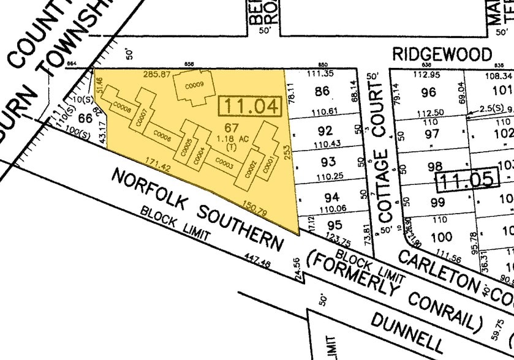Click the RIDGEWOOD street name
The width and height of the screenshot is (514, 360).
(442, 54)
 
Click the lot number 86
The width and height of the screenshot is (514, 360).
(321, 92)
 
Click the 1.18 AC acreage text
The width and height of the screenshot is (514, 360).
(231, 138)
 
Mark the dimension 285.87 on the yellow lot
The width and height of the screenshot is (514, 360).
(156, 74)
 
